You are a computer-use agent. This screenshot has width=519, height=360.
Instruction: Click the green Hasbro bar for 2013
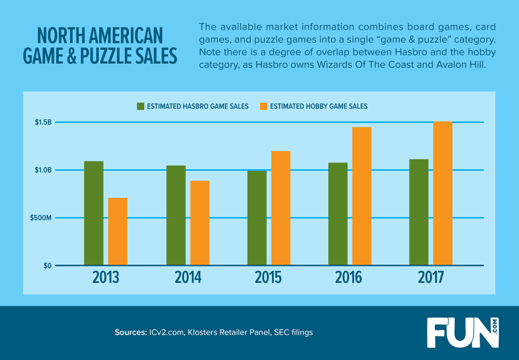[x=93, y=213]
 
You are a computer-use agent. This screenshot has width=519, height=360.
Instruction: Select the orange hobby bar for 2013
[x=118, y=231]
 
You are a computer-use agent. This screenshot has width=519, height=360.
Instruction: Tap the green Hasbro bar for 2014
[x=176, y=215]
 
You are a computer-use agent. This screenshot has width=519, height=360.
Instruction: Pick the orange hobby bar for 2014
[x=200, y=223]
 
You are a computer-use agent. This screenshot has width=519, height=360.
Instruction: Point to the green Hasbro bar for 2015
[x=257, y=218]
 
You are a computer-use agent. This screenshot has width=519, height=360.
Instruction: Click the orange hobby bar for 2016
[x=362, y=196]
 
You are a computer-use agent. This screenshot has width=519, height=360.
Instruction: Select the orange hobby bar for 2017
[x=443, y=193]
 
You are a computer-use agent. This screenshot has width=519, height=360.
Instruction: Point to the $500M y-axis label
[x=40, y=218]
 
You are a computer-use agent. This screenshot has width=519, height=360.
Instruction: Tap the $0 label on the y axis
[x=47, y=266]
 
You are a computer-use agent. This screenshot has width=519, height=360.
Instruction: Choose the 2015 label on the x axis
[x=269, y=278]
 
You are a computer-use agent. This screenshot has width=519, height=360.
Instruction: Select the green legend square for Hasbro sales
[x=141, y=106]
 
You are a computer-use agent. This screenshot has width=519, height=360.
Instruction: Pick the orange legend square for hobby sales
[x=264, y=106]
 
